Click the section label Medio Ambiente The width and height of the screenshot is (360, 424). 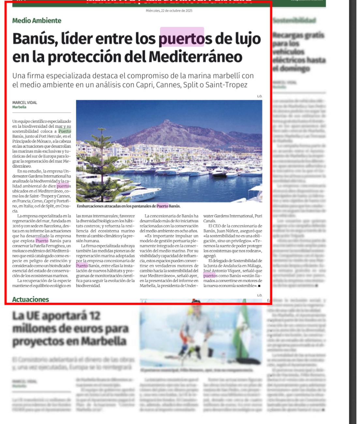click(37, 21)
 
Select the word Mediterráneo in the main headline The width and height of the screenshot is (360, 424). click(195, 57)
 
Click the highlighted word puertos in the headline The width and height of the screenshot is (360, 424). click(182, 39)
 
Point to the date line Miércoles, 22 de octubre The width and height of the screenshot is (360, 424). click(169, 11)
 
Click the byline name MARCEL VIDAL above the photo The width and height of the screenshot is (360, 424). click(25, 102)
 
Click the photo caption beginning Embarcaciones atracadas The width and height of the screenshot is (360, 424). click(128, 206)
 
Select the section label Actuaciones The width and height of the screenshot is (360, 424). click(30, 299)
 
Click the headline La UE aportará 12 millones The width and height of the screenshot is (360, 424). click(70, 328)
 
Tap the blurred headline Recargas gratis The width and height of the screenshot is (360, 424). click(298, 52)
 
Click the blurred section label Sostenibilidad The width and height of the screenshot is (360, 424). click(294, 21)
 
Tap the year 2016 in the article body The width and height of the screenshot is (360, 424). click(17, 226)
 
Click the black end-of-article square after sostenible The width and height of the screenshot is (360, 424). click(259, 286)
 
